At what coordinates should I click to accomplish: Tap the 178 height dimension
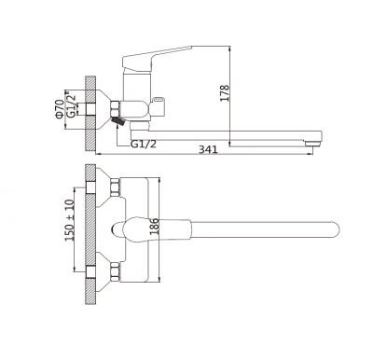tap(224, 95)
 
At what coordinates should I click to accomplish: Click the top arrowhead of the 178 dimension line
tap(230, 42)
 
